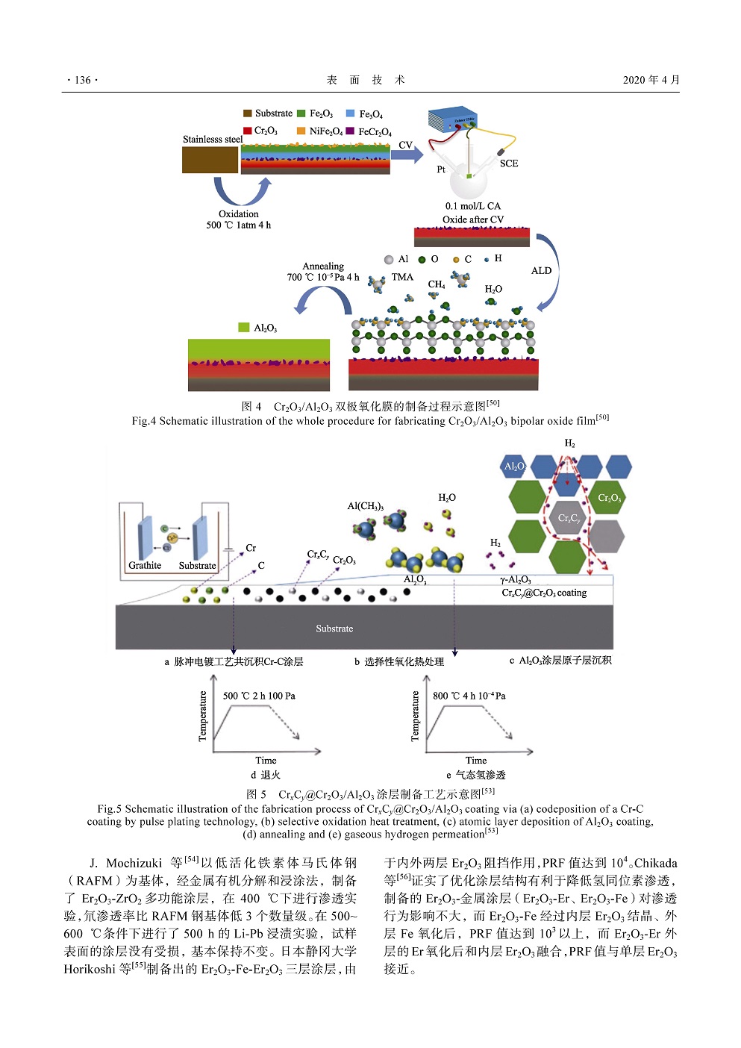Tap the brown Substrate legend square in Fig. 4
pos(247,113)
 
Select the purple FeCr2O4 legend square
pos(350,131)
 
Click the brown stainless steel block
pos(210,160)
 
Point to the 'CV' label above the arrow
pos(405,145)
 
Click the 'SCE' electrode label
pos(509,163)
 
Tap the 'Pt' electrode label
pos(441,169)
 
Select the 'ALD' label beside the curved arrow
pos(541,271)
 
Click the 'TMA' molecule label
pos(402,277)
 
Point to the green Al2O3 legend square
pos(243,328)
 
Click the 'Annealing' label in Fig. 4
pos(323,266)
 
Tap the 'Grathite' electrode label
pos(145,565)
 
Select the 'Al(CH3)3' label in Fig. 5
pos(365,506)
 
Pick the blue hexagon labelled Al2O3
pos(515,467)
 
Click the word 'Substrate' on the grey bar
pos(334,629)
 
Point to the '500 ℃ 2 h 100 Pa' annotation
pos(259,696)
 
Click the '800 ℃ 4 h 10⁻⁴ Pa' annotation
pos(469,696)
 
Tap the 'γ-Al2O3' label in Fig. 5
pos(516,580)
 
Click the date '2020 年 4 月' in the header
pos(651,80)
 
